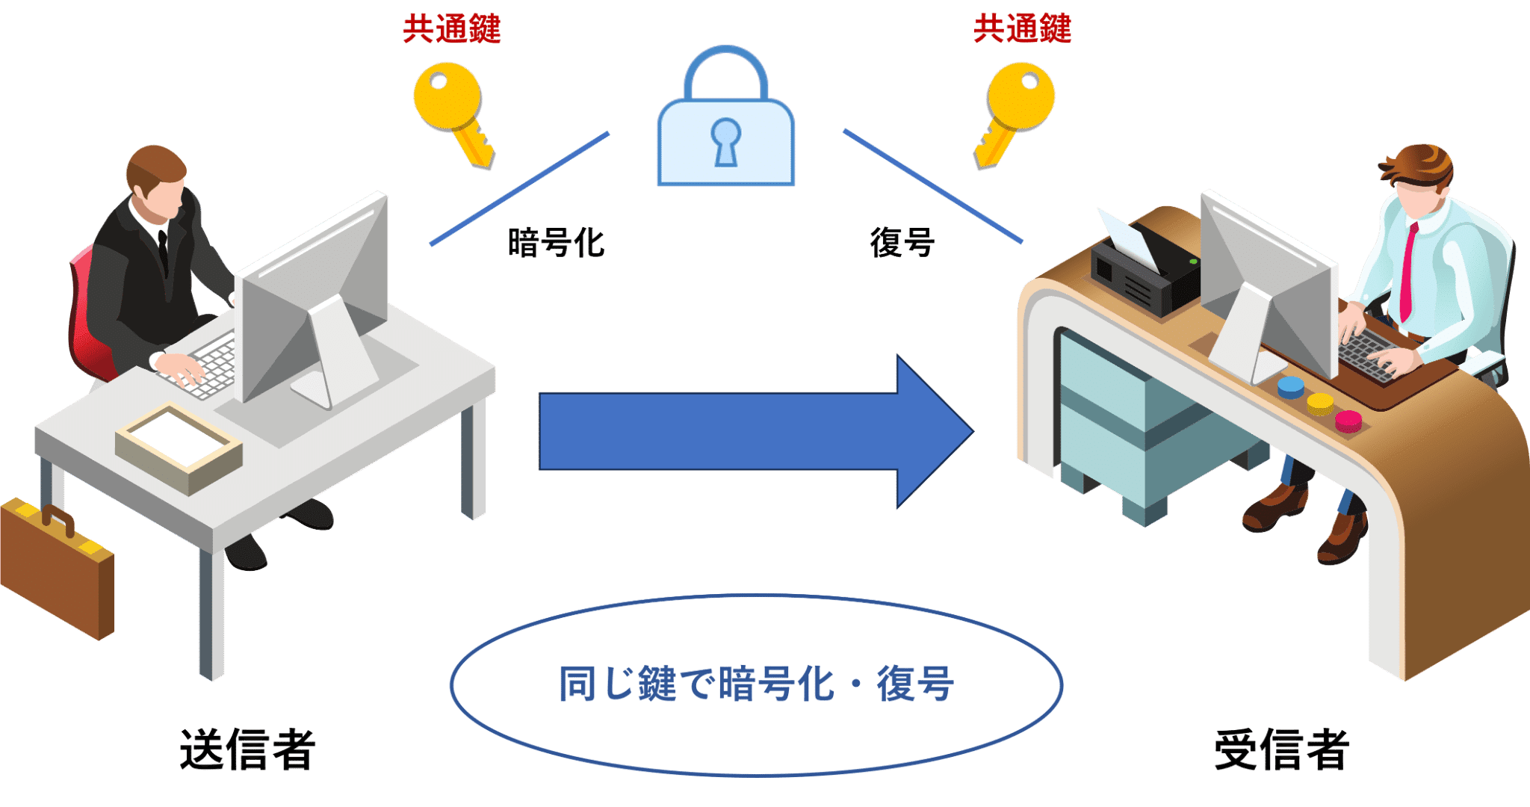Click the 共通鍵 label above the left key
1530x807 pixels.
point(451,29)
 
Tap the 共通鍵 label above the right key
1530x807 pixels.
point(1022,29)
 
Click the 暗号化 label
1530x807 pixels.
point(556,243)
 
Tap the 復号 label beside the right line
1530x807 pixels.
point(902,243)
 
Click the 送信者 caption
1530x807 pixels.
point(247,749)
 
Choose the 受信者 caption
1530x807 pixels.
point(1281,749)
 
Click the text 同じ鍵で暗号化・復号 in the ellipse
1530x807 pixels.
point(756,684)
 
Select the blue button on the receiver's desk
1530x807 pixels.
point(1290,386)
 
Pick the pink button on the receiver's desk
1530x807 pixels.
point(1348,421)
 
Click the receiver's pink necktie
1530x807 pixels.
point(1407,273)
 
